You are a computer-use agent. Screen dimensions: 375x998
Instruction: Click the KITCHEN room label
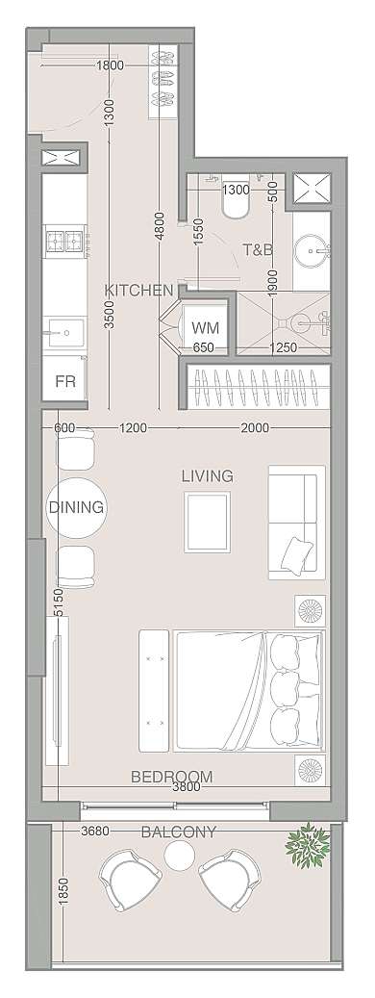click(x=138, y=291)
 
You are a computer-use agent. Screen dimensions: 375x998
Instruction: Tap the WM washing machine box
click(x=205, y=328)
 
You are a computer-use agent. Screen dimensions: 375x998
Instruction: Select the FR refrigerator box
click(x=65, y=381)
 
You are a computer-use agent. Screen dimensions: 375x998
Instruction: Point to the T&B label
click(x=259, y=249)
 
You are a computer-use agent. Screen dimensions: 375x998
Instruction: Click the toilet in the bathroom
click(x=235, y=202)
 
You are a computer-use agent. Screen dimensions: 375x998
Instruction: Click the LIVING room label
click(x=207, y=475)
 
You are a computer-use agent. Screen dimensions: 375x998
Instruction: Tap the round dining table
click(x=76, y=507)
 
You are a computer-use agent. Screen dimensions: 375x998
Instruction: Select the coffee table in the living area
click(x=207, y=522)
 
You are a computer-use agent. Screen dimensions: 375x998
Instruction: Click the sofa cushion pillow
click(x=298, y=554)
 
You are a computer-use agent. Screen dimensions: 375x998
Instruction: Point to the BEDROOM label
click(x=171, y=777)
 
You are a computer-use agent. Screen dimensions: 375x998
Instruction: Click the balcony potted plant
click(x=308, y=845)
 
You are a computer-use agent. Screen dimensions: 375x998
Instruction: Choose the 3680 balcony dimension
click(x=96, y=831)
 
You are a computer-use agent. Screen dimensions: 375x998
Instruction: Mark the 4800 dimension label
click(x=160, y=226)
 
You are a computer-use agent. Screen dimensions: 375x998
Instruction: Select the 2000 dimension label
click(x=254, y=427)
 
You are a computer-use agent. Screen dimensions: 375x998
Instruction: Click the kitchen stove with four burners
click(x=65, y=242)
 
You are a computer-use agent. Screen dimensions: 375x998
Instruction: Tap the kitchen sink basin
click(x=66, y=332)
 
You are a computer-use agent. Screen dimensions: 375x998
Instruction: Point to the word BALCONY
click(x=179, y=832)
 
